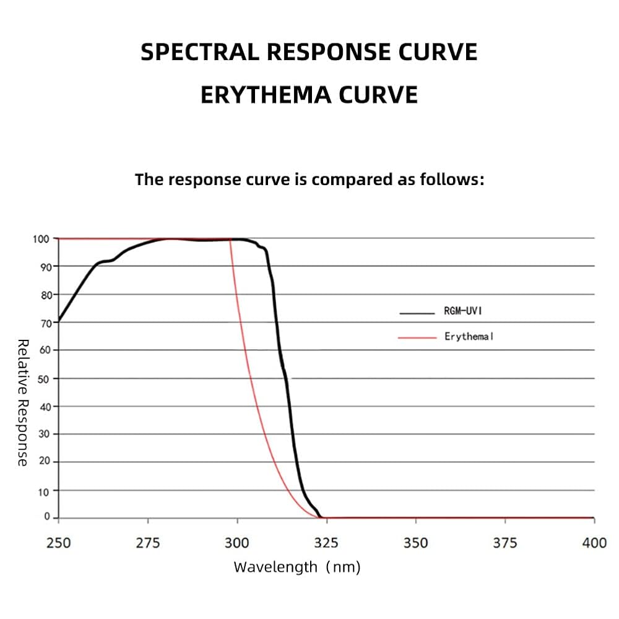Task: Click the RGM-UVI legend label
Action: pyautogui.click(x=462, y=311)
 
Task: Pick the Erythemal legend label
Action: pyautogui.click(x=469, y=336)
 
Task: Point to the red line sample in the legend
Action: pyautogui.click(x=417, y=338)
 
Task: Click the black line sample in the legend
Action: pyautogui.click(x=417, y=313)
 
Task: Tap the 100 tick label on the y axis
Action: pyautogui.click(x=41, y=239)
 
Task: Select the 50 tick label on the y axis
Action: pyautogui.click(x=43, y=379)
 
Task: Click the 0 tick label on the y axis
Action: pyautogui.click(x=47, y=516)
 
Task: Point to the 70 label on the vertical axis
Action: pyautogui.click(x=46, y=323)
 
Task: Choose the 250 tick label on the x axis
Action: pyautogui.click(x=58, y=543)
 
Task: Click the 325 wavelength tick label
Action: pyautogui.click(x=326, y=543)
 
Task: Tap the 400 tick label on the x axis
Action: pyautogui.click(x=594, y=543)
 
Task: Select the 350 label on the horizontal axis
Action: pyautogui.click(x=416, y=543)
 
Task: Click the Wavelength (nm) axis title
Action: pyautogui.click(x=297, y=567)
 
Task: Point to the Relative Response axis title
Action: pyautogui.click(x=23, y=402)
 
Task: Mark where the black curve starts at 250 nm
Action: pyautogui.click(x=59, y=320)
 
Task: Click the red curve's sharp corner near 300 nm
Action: pyautogui.click(x=230, y=239)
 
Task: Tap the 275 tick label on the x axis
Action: pyautogui.click(x=148, y=543)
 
